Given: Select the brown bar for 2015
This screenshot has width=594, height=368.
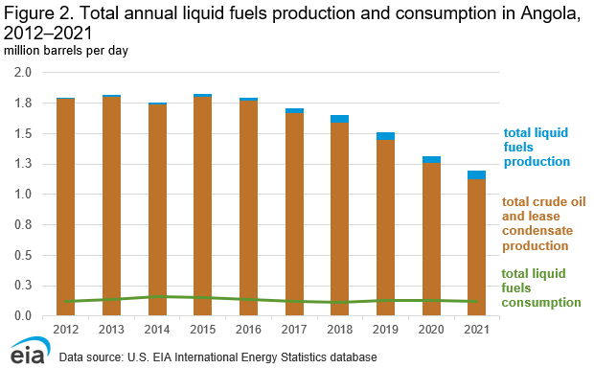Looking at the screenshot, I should point(202,206).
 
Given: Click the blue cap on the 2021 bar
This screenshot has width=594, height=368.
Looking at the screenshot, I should point(476,174).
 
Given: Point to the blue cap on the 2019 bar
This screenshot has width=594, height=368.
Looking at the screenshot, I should point(385,136).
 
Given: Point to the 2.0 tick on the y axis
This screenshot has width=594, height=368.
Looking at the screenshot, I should point(24,72).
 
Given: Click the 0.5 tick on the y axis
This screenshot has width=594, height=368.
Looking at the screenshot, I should point(24,255).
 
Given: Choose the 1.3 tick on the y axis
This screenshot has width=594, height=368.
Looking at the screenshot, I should point(24,164).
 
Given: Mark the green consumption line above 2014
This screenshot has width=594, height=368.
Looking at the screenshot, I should point(156,297).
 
